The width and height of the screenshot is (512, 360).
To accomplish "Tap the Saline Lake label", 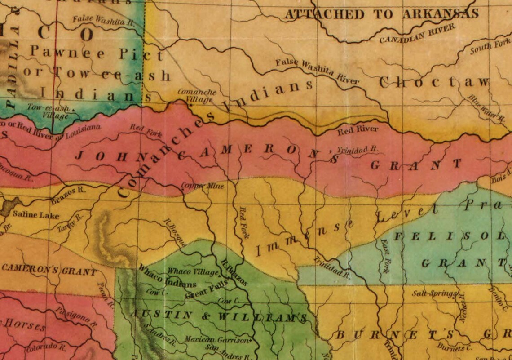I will coord(35,215).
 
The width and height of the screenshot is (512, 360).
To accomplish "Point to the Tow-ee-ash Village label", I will coord(48,111).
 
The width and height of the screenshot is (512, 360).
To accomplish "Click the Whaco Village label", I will coord(193,271).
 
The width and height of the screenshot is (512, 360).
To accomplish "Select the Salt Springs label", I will coord(434,293).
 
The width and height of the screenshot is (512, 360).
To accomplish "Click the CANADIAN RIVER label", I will coord(417,34).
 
